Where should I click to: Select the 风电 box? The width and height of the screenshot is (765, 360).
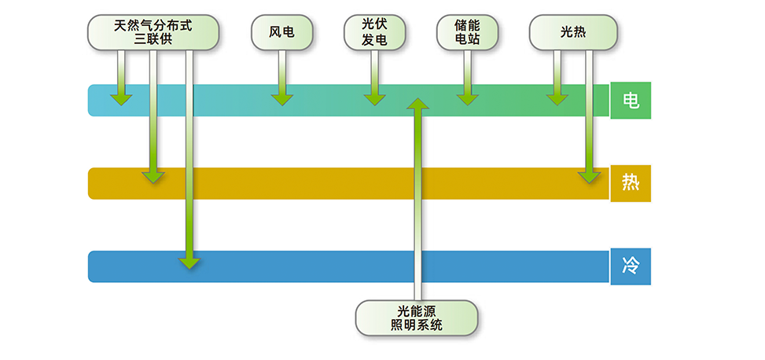281,32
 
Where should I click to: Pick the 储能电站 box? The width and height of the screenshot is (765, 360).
467,32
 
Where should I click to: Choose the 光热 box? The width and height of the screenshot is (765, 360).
572,32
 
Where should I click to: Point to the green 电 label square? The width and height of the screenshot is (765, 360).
631,101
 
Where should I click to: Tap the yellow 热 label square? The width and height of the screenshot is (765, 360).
631,183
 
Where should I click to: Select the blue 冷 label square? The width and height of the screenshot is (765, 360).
631,266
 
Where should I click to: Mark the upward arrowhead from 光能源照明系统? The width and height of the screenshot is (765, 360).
418,103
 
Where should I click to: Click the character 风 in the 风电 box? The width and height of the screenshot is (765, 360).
275,32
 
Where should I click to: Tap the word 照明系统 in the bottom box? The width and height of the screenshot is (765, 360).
417,325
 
